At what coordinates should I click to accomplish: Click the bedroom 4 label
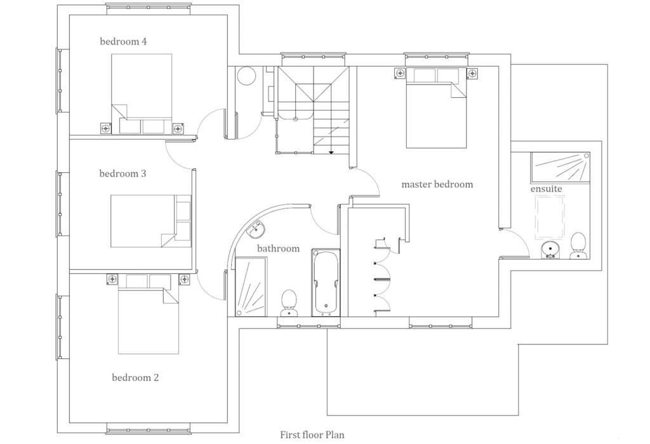(123, 42)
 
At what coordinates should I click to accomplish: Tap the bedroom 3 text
(123, 173)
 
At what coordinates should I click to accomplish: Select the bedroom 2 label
(135, 378)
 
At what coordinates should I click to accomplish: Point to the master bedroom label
(437, 184)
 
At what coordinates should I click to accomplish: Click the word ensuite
(546, 189)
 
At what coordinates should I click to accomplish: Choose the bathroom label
(277, 248)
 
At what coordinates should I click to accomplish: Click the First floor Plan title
(312, 435)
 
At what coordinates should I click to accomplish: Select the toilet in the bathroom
(289, 302)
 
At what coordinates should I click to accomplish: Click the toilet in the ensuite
(578, 245)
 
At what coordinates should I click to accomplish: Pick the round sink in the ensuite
(550, 250)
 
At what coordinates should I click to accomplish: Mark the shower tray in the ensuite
(560, 167)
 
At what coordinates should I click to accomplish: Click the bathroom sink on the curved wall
(258, 227)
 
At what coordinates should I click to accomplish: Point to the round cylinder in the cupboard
(246, 76)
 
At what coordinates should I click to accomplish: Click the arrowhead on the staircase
(331, 152)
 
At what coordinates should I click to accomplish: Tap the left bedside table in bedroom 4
(105, 129)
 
